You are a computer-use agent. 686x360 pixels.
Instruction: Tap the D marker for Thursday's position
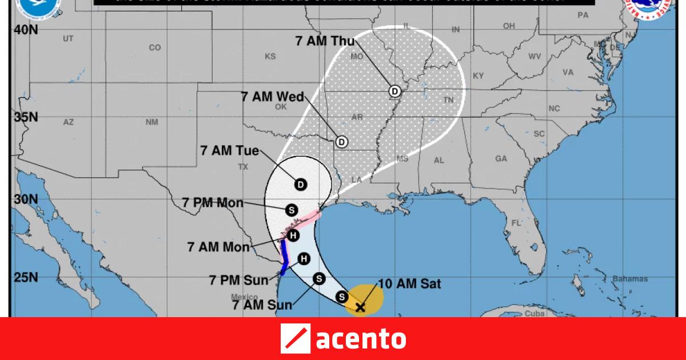click(394, 91)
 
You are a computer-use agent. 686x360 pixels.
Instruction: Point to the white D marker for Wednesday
click(341, 141)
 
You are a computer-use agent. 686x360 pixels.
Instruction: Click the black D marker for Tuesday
click(301, 184)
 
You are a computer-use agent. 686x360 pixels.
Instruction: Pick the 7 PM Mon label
click(213, 202)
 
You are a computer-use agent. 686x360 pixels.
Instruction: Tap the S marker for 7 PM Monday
click(292, 210)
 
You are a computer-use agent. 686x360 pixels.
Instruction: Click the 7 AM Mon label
click(218, 247)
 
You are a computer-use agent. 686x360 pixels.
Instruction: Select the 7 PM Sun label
click(238, 280)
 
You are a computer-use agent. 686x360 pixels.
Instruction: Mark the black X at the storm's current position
click(360, 308)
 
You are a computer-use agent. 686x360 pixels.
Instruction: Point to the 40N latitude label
click(26, 30)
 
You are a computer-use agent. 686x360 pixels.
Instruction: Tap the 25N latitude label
click(26, 278)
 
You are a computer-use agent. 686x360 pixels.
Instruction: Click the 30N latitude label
click(26, 199)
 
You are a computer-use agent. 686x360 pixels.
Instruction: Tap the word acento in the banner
click(361, 338)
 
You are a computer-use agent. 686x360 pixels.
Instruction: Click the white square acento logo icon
click(295, 338)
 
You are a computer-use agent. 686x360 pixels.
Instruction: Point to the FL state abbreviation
click(517, 222)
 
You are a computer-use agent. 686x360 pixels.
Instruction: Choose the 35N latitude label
click(26, 117)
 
